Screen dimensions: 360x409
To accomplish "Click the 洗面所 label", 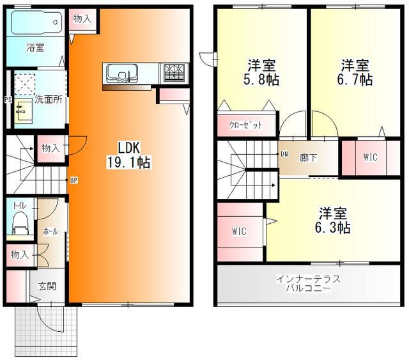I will tap(47, 99).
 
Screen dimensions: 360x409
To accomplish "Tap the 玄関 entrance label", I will tap(47, 286).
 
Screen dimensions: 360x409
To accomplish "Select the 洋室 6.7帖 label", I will tap(355, 72).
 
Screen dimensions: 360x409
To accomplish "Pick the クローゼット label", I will tap(245, 125).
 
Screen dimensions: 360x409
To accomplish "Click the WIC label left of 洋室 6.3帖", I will tap(240, 231).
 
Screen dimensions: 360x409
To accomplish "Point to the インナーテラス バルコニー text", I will tap(308, 284).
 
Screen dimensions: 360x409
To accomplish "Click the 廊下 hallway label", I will tap(309, 157).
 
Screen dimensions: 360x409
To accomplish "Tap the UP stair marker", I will tap(74, 180).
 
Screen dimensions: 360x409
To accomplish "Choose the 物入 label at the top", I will tap(82, 19).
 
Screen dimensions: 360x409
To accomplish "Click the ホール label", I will tap(50, 231).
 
